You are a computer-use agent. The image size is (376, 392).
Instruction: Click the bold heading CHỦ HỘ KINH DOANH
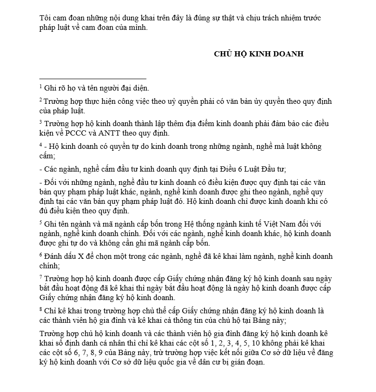coord(258,54)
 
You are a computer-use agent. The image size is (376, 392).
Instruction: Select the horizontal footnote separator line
coord(93,79)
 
